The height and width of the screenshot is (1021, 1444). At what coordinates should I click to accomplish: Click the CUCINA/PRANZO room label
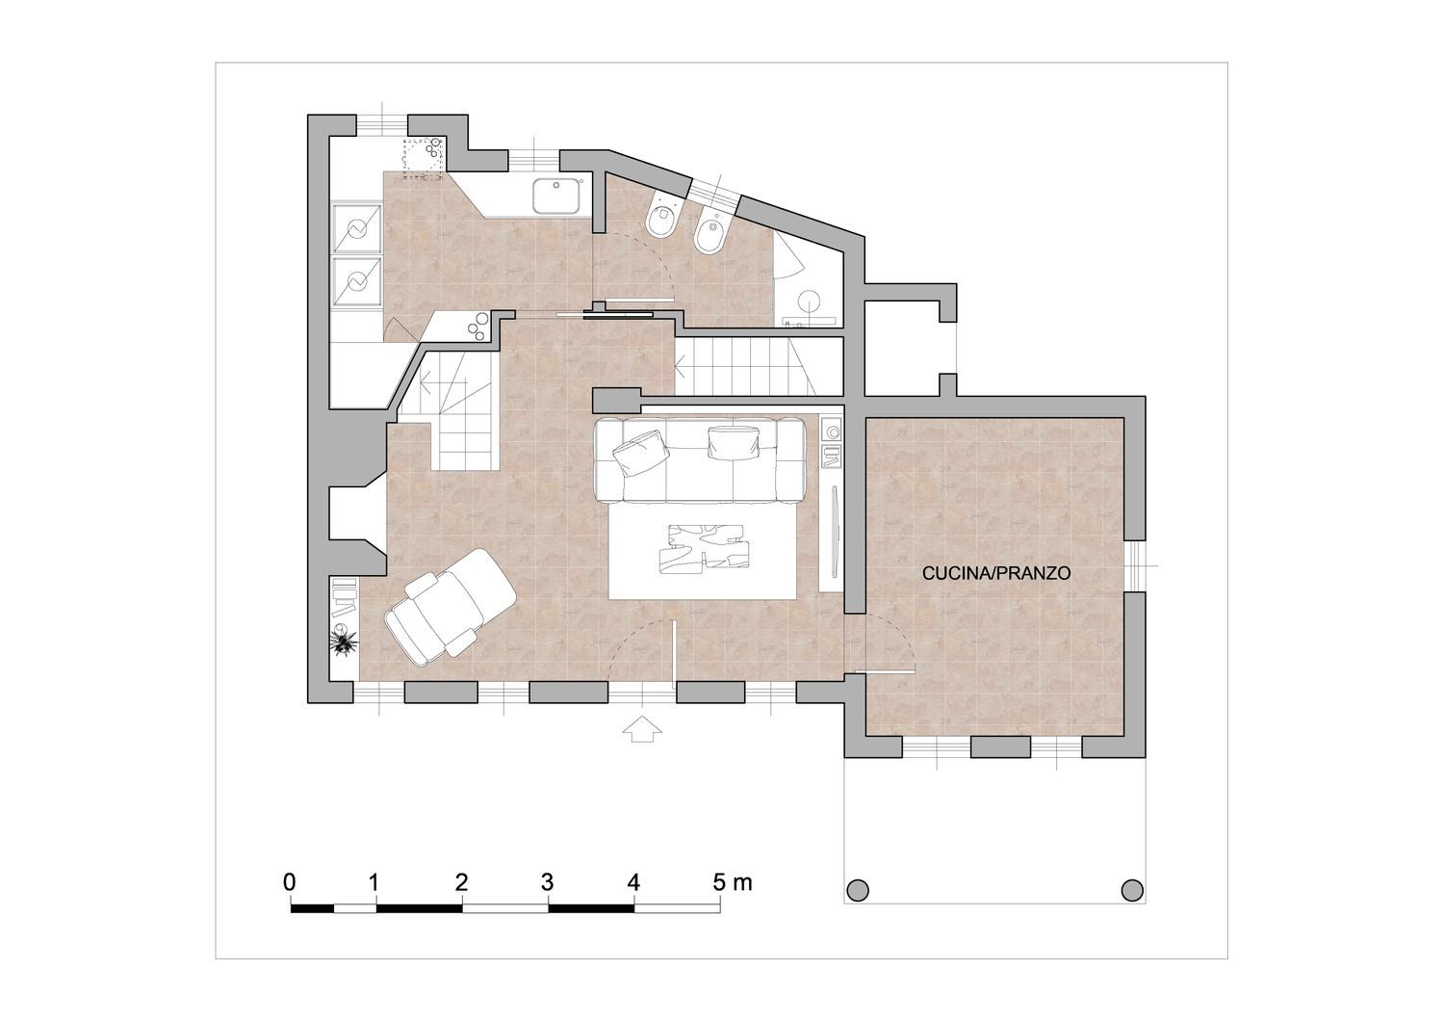(996, 573)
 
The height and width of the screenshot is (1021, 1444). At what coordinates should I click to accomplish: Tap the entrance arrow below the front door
(643, 728)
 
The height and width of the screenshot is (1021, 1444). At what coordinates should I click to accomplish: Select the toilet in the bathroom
(661, 216)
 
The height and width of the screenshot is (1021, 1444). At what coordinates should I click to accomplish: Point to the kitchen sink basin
(555, 196)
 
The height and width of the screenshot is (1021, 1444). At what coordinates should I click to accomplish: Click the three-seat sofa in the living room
(701, 459)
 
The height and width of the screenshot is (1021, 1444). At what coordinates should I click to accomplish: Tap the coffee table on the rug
(706, 548)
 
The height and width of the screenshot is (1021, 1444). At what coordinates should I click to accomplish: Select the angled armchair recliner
(450, 607)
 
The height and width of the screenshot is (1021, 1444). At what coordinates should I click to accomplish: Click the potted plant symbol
(344, 641)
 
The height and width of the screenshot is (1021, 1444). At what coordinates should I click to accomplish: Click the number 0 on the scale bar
(290, 882)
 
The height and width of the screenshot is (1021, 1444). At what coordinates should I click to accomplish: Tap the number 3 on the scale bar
(548, 882)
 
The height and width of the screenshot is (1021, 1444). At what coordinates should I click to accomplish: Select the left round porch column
(858, 891)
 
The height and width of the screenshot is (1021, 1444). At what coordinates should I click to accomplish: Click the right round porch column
(1132, 891)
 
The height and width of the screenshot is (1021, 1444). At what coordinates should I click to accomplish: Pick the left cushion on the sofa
(639, 452)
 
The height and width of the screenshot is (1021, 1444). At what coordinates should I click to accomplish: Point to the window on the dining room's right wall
(1136, 565)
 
